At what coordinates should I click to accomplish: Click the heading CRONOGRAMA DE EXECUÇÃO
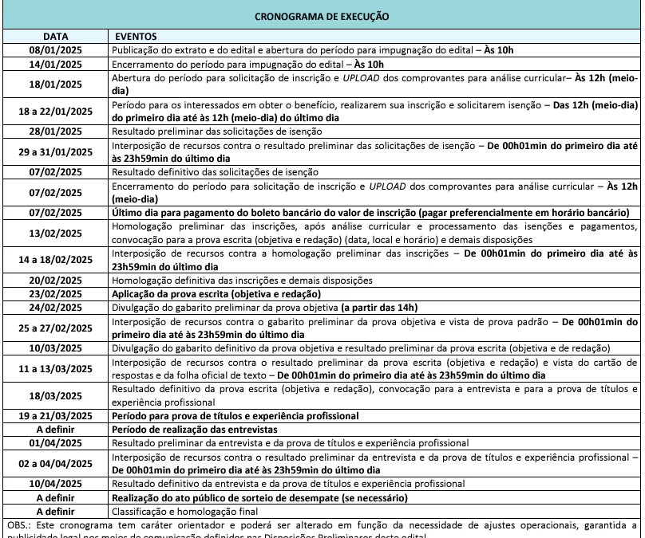[322, 16]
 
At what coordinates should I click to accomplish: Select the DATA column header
[55, 37]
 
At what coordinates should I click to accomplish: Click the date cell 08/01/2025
[55, 49]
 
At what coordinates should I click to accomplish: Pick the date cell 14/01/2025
[55, 63]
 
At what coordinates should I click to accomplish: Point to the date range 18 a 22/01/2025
[55, 112]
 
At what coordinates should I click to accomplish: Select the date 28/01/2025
[55, 132]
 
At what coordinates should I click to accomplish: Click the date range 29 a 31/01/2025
[55, 151]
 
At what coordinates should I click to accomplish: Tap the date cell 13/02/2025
[55, 233]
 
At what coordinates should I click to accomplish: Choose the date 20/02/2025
[55, 281]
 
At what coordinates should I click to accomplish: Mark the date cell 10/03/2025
[55, 348]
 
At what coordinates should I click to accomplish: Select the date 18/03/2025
[55, 395]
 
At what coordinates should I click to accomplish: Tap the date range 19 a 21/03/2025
[55, 416]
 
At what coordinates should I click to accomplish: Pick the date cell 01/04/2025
[55, 442]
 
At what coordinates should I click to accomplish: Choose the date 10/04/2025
[55, 484]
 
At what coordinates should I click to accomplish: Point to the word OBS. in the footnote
[17, 525]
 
